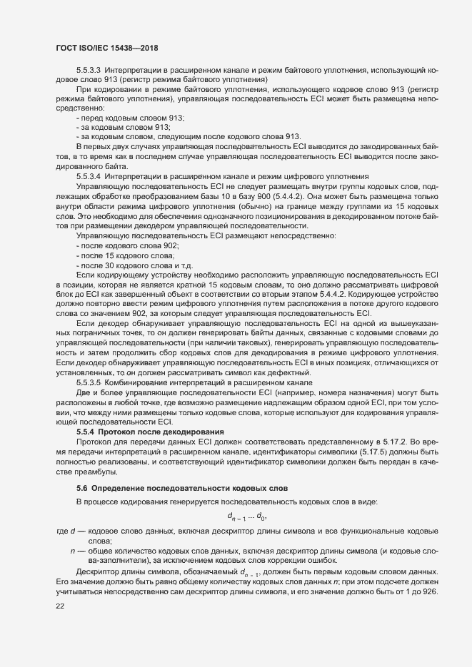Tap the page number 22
tap(60, 606)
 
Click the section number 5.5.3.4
tap(91, 175)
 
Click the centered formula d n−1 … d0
tap(247, 516)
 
